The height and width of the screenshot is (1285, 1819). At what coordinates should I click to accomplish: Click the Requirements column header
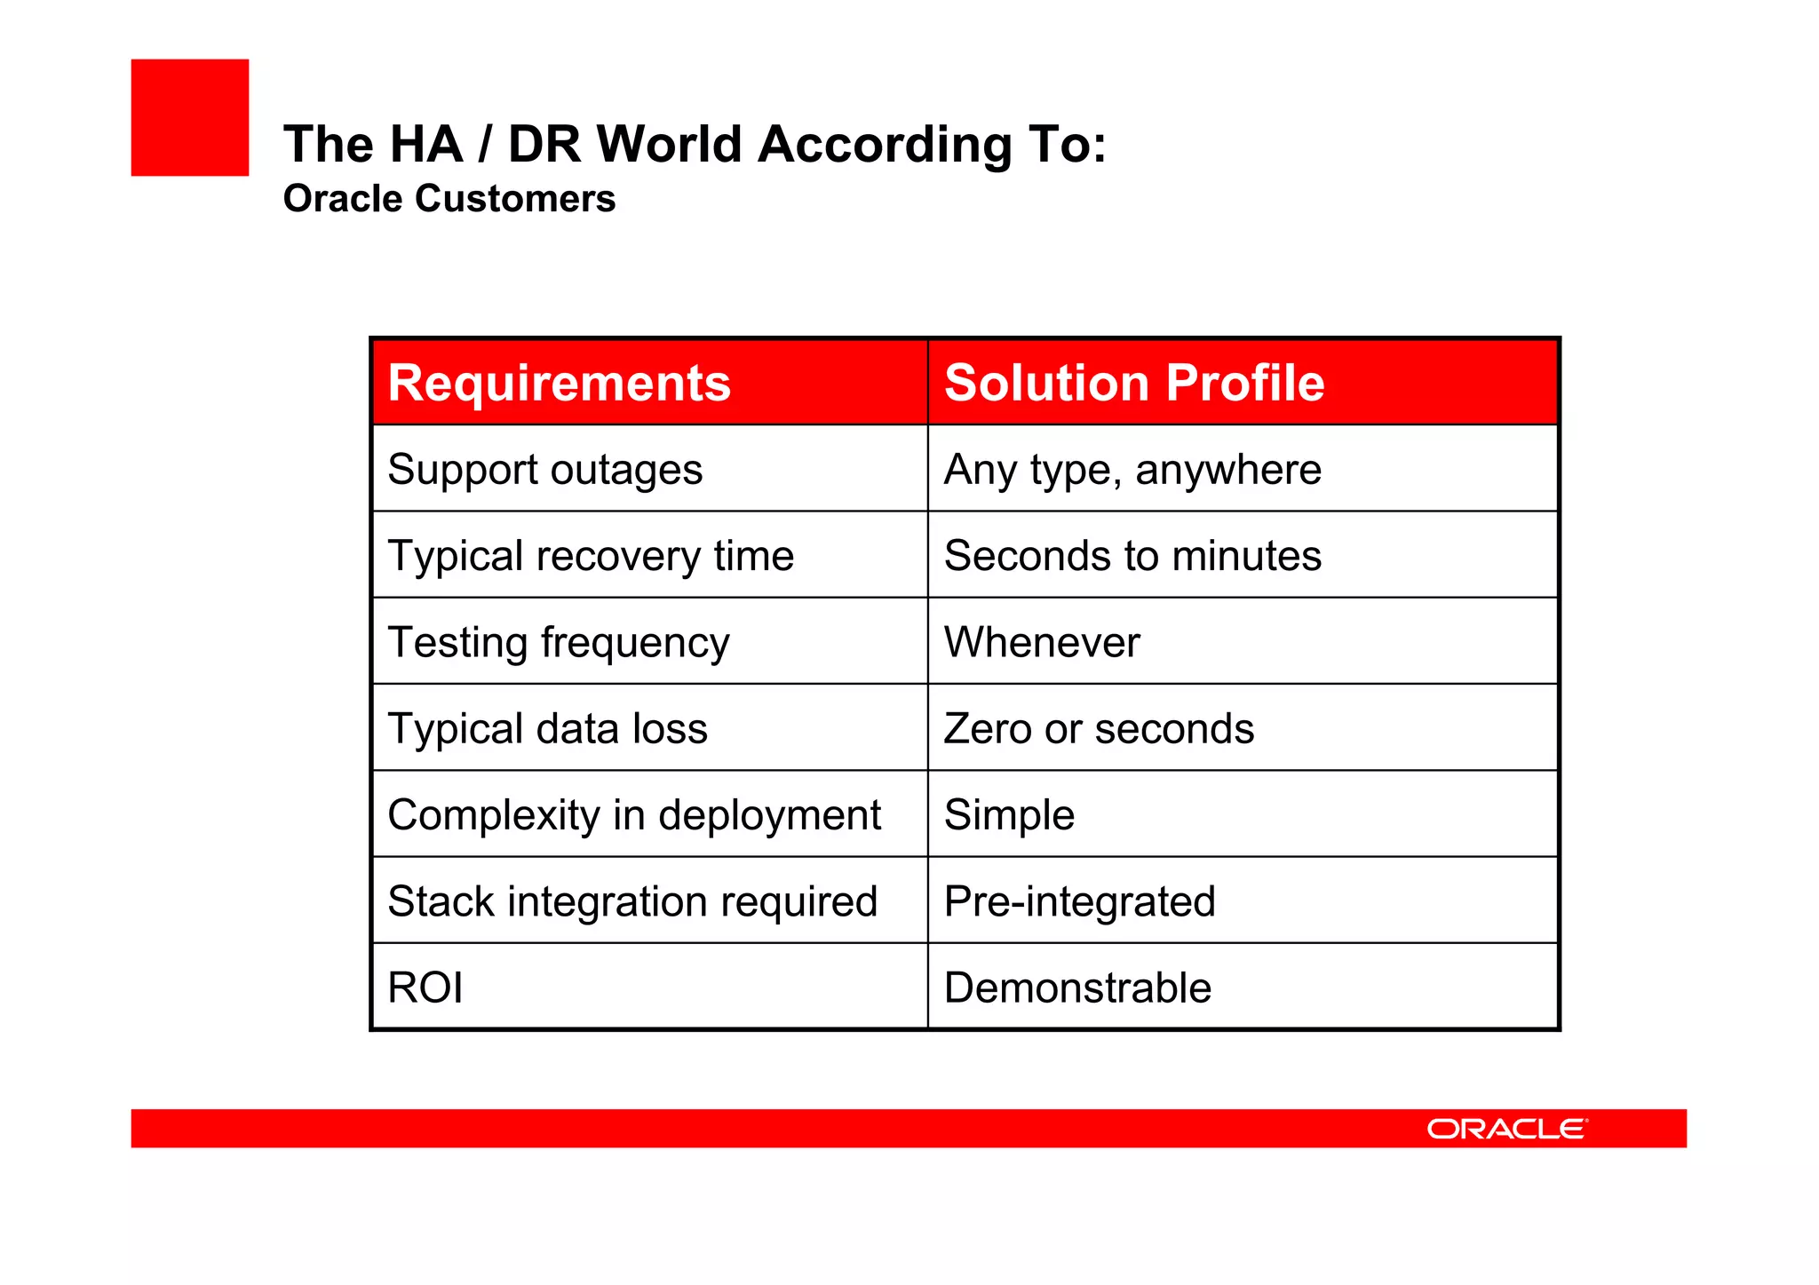559,383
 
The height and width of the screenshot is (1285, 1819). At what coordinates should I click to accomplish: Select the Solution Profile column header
1133,383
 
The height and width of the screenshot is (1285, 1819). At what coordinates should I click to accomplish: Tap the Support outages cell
544,469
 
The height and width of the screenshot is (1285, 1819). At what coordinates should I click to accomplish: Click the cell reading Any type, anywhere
1132,469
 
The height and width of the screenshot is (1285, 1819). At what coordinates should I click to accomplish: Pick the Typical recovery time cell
591,556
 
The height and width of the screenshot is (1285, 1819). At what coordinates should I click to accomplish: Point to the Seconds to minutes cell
1132,556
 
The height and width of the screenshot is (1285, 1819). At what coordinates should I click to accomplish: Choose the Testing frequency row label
559,642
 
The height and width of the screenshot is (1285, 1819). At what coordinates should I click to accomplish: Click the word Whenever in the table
1041,642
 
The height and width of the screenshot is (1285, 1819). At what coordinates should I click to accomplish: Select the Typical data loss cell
547,728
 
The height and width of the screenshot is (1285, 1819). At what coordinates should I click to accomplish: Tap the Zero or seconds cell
1099,728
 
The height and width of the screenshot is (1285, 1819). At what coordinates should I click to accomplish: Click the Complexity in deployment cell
634,814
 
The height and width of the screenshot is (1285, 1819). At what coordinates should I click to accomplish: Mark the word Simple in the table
1009,814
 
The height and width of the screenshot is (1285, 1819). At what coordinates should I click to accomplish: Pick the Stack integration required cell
632,900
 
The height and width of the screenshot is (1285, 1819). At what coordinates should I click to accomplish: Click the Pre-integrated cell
1079,900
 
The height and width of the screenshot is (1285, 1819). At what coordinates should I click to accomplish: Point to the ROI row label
425,988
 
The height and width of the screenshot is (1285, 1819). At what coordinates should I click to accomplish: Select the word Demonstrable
1077,988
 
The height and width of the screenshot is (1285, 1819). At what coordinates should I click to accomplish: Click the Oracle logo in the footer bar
1506,1129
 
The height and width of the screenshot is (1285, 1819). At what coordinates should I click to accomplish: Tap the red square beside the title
190,117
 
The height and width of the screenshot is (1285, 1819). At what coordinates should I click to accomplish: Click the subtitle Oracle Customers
449,198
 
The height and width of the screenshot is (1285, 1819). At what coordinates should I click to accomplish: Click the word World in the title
669,144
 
